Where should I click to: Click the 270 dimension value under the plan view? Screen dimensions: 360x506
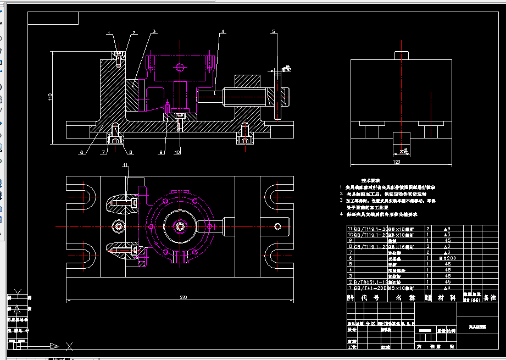(x=183, y=297)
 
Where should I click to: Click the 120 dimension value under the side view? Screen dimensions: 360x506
(x=397, y=162)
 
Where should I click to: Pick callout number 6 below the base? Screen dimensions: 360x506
(x=81, y=152)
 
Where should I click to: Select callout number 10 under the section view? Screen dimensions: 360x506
(x=177, y=152)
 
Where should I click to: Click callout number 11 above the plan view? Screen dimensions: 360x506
(x=125, y=165)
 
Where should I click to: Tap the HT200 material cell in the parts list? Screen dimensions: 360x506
(x=446, y=257)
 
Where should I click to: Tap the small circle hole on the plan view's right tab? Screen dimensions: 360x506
(x=279, y=226)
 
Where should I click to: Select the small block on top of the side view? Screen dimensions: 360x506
(x=402, y=55)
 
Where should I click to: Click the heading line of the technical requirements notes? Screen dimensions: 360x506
(x=371, y=180)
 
